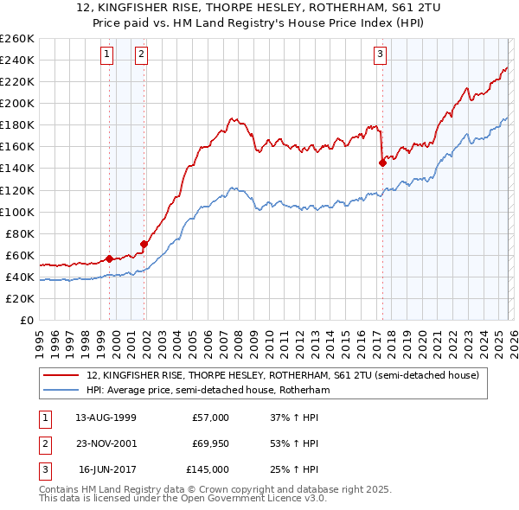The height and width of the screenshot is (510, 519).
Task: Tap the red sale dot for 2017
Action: click(382, 163)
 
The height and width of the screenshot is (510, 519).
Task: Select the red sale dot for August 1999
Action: click(109, 258)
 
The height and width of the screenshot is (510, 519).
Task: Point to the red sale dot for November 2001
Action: click(144, 244)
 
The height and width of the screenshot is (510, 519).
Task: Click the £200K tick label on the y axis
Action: click(17, 103)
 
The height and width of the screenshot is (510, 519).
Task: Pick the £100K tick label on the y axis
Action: click(17, 212)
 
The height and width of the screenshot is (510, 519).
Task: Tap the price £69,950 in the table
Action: click(210, 443)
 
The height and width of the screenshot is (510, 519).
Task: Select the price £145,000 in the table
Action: click(208, 469)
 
